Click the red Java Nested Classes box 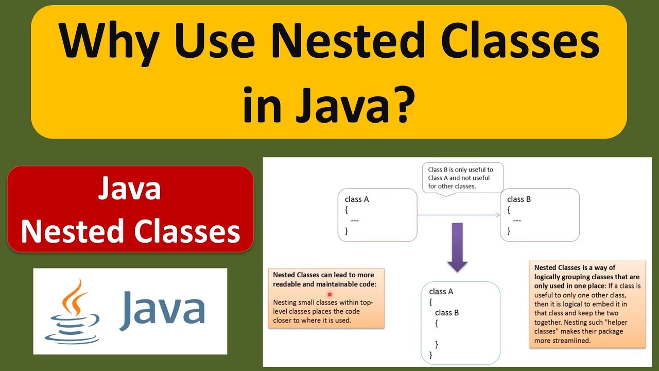(130, 209)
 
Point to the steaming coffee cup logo (72, 311)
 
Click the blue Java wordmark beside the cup (163, 310)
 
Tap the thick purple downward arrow (457, 248)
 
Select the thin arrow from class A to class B (458, 215)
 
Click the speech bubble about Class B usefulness (462, 178)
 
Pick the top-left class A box (377, 215)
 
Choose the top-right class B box (540, 215)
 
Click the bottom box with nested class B (460, 323)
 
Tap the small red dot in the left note (329, 295)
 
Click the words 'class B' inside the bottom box (447, 313)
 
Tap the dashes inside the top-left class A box (355, 221)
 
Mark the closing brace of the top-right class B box (509, 231)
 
